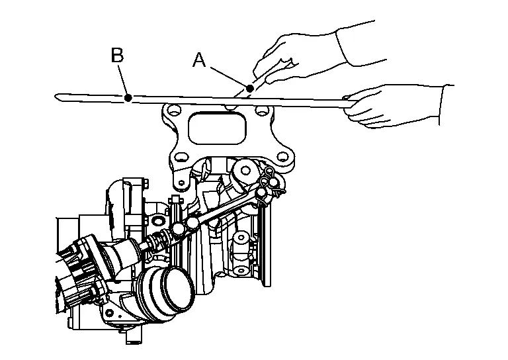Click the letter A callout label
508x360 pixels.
pyautogui.click(x=199, y=60)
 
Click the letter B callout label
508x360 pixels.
pyautogui.click(x=117, y=55)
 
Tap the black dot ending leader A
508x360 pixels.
pyautogui.click(x=250, y=88)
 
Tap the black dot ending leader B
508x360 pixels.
pyautogui.click(x=128, y=97)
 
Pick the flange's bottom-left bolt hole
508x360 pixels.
pyautogui.click(x=179, y=157)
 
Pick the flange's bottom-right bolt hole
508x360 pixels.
pyautogui.click(x=283, y=157)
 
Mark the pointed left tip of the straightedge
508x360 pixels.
pyautogui.click(x=55, y=96)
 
